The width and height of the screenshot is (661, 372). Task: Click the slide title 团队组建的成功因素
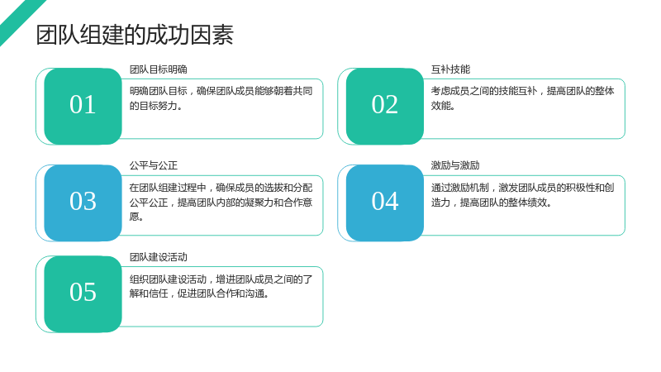[x=135, y=35]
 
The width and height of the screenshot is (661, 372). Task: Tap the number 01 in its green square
[x=83, y=105]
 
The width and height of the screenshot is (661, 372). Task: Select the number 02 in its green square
[x=384, y=105]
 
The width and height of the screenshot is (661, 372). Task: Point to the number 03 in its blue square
[x=83, y=201]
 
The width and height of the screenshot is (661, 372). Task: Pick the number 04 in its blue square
[x=385, y=201]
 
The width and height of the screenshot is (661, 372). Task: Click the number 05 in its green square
[x=83, y=293]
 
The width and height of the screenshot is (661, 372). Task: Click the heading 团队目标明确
[x=158, y=69]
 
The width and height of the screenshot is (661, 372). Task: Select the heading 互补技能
[x=450, y=69]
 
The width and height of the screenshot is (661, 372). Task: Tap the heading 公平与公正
[x=154, y=165]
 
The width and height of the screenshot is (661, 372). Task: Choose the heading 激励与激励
[x=455, y=165]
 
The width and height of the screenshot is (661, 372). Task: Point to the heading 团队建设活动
[x=158, y=257]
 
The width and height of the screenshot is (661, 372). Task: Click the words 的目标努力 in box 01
[x=153, y=106]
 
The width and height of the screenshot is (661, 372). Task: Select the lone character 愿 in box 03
[x=134, y=217]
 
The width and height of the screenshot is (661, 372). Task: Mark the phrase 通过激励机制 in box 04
[x=460, y=188]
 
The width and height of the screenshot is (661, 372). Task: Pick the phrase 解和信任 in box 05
[x=149, y=293]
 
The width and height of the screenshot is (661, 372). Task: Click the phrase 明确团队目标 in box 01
[x=158, y=91]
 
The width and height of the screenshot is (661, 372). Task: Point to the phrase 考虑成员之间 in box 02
[x=460, y=91]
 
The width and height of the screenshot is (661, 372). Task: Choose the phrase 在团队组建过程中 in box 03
[x=168, y=188]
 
